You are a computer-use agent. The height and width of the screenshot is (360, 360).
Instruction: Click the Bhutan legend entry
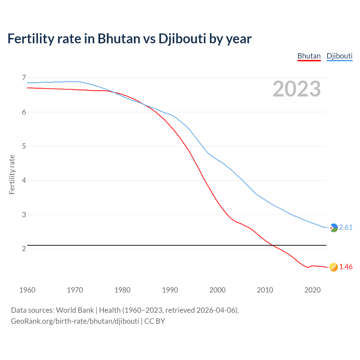tap(309, 56)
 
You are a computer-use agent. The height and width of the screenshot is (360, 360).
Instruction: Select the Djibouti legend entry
tap(339, 56)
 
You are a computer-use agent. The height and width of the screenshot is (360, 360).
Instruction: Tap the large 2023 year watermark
tap(296, 89)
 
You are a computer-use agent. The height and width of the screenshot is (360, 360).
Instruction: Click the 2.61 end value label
tap(346, 227)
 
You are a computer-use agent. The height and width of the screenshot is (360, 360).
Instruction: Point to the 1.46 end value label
tap(346, 267)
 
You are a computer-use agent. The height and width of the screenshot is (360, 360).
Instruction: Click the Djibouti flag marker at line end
tap(334, 228)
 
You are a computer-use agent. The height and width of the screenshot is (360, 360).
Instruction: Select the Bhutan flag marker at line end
tap(334, 267)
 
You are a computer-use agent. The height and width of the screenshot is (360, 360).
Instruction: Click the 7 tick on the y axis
tap(24, 78)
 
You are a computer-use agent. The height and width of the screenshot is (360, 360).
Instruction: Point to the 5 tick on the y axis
tap(24, 146)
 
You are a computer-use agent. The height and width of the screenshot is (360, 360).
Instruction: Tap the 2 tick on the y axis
tap(24, 249)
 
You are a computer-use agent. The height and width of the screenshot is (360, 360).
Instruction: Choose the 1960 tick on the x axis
tap(27, 290)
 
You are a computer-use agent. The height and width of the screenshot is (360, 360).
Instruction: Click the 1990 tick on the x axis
tap(170, 290)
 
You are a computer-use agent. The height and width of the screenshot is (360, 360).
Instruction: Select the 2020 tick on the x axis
tap(312, 290)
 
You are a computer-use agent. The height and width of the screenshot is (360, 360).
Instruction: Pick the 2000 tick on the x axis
tap(217, 290)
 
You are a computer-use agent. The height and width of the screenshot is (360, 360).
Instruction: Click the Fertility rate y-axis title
tap(12, 174)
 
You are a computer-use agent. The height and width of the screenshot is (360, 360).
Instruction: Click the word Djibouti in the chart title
tap(182, 39)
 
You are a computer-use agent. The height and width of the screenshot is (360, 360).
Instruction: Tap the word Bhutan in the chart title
tap(119, 39)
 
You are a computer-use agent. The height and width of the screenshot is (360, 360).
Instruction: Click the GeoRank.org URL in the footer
tap(75, 321)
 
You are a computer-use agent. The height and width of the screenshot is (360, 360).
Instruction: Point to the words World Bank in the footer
tap(75, 310)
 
